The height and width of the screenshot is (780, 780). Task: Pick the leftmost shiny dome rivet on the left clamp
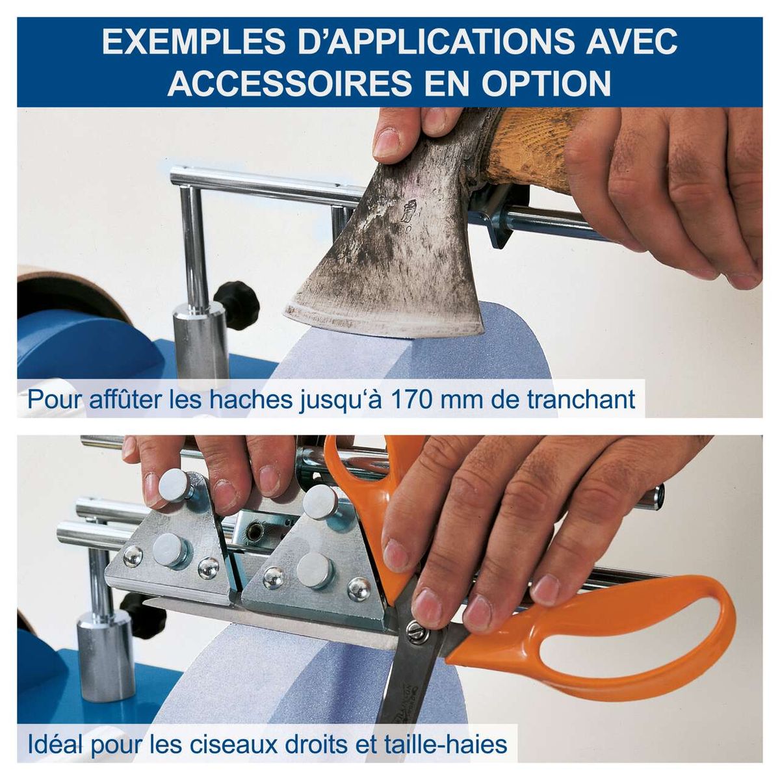pyautogui.click(x=133, y=556)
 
